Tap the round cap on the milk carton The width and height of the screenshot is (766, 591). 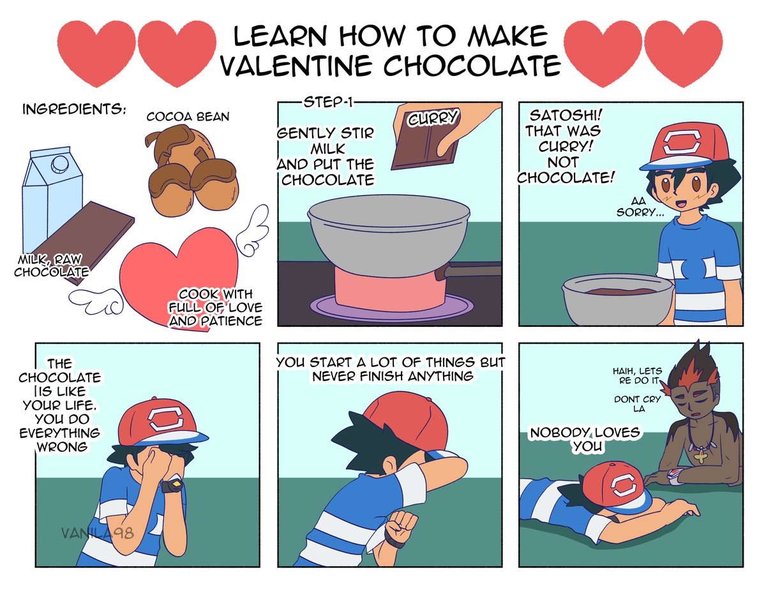click(x=59, y=164)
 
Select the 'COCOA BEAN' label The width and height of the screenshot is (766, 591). click(x=188, y=117)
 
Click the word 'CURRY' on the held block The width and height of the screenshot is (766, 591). click(x=433, y=117)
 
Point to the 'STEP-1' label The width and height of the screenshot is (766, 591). click(x=328, y=102)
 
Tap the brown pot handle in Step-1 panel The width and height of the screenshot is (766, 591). click(x=468, y=269)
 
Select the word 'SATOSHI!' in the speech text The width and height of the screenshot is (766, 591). click(x=566, y=115)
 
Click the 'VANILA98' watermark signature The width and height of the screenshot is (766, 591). click(x=98, y=533)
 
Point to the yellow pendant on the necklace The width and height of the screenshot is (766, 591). click(x=701, y=457)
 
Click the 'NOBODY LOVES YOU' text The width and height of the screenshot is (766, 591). click(x=585, y=439)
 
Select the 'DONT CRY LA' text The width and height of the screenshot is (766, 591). click(x=637, y=404)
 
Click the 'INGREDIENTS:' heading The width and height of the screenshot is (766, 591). click(x=74, y=109)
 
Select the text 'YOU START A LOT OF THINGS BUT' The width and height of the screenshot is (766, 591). click(x=391, y=363)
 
